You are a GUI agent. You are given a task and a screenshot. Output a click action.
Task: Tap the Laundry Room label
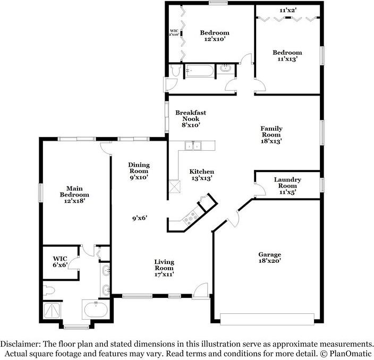(287, 180)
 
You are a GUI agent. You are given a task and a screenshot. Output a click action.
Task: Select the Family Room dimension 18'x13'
(271, 141)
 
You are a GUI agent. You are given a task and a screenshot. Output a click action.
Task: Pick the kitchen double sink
(192, 145)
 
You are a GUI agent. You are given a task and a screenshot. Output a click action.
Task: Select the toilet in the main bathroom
(50, 290)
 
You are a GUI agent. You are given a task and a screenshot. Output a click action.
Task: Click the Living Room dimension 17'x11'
(164, 275)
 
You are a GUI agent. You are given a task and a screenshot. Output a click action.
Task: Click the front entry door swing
(200, 290)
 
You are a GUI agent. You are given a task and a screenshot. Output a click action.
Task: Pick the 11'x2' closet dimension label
(288, 10)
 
